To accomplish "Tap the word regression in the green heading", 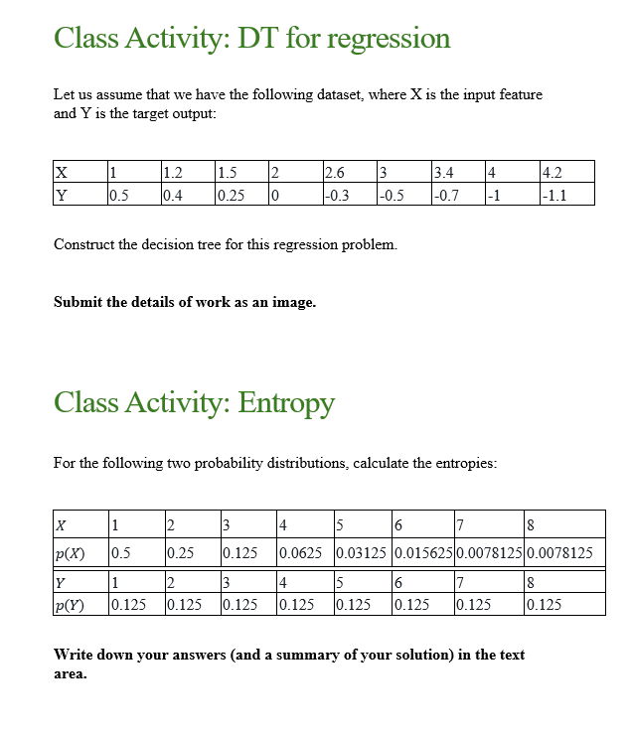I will (x=389, y=38).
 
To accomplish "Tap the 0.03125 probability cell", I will (x=363, y=552).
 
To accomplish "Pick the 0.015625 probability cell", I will (x=422, y=552).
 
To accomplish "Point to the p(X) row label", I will (x=70, y=552).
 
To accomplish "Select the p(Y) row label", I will (x=70, y=604).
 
